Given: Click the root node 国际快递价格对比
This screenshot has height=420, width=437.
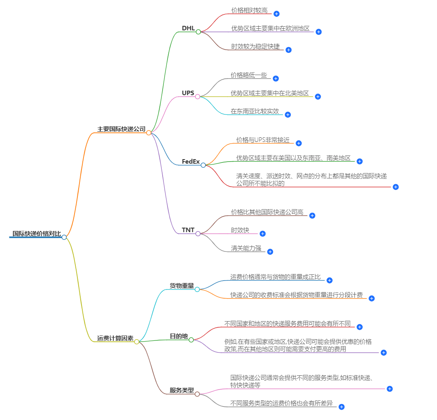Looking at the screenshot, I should coord(36,234).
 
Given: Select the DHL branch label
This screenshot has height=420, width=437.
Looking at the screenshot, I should coord(188,28).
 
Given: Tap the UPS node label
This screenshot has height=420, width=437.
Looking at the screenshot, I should coord(188,93).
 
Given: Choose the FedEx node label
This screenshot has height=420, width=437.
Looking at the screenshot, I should coord(191,162).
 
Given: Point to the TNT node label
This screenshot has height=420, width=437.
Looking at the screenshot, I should coord(188,230).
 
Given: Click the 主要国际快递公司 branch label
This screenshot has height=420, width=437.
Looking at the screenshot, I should coord(121,129).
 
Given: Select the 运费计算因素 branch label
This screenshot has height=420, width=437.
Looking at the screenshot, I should coord(115,338).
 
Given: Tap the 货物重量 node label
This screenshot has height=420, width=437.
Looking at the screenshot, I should coord(182,286).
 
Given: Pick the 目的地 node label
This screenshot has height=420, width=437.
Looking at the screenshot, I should coord(179,336).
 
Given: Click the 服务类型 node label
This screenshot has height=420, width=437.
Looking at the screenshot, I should coord(182,390).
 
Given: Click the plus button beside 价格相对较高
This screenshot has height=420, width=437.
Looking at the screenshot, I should coord(276,14).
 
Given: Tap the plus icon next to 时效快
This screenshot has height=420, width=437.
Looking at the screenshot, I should coord(263,233).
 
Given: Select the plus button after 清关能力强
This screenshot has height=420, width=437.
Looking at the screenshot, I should coord(270,251).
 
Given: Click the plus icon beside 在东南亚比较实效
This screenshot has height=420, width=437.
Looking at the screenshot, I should coord(288,114).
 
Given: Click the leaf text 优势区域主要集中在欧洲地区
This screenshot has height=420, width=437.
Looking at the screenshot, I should coord(270,29).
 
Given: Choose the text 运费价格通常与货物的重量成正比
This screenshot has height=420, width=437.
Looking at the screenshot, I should coord(276,277).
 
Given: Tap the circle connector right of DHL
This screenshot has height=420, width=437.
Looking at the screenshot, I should coord(198,32).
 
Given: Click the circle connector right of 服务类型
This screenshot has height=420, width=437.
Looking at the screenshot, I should coord(197,394).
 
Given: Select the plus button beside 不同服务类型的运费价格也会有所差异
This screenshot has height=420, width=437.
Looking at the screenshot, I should coord(342,406).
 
